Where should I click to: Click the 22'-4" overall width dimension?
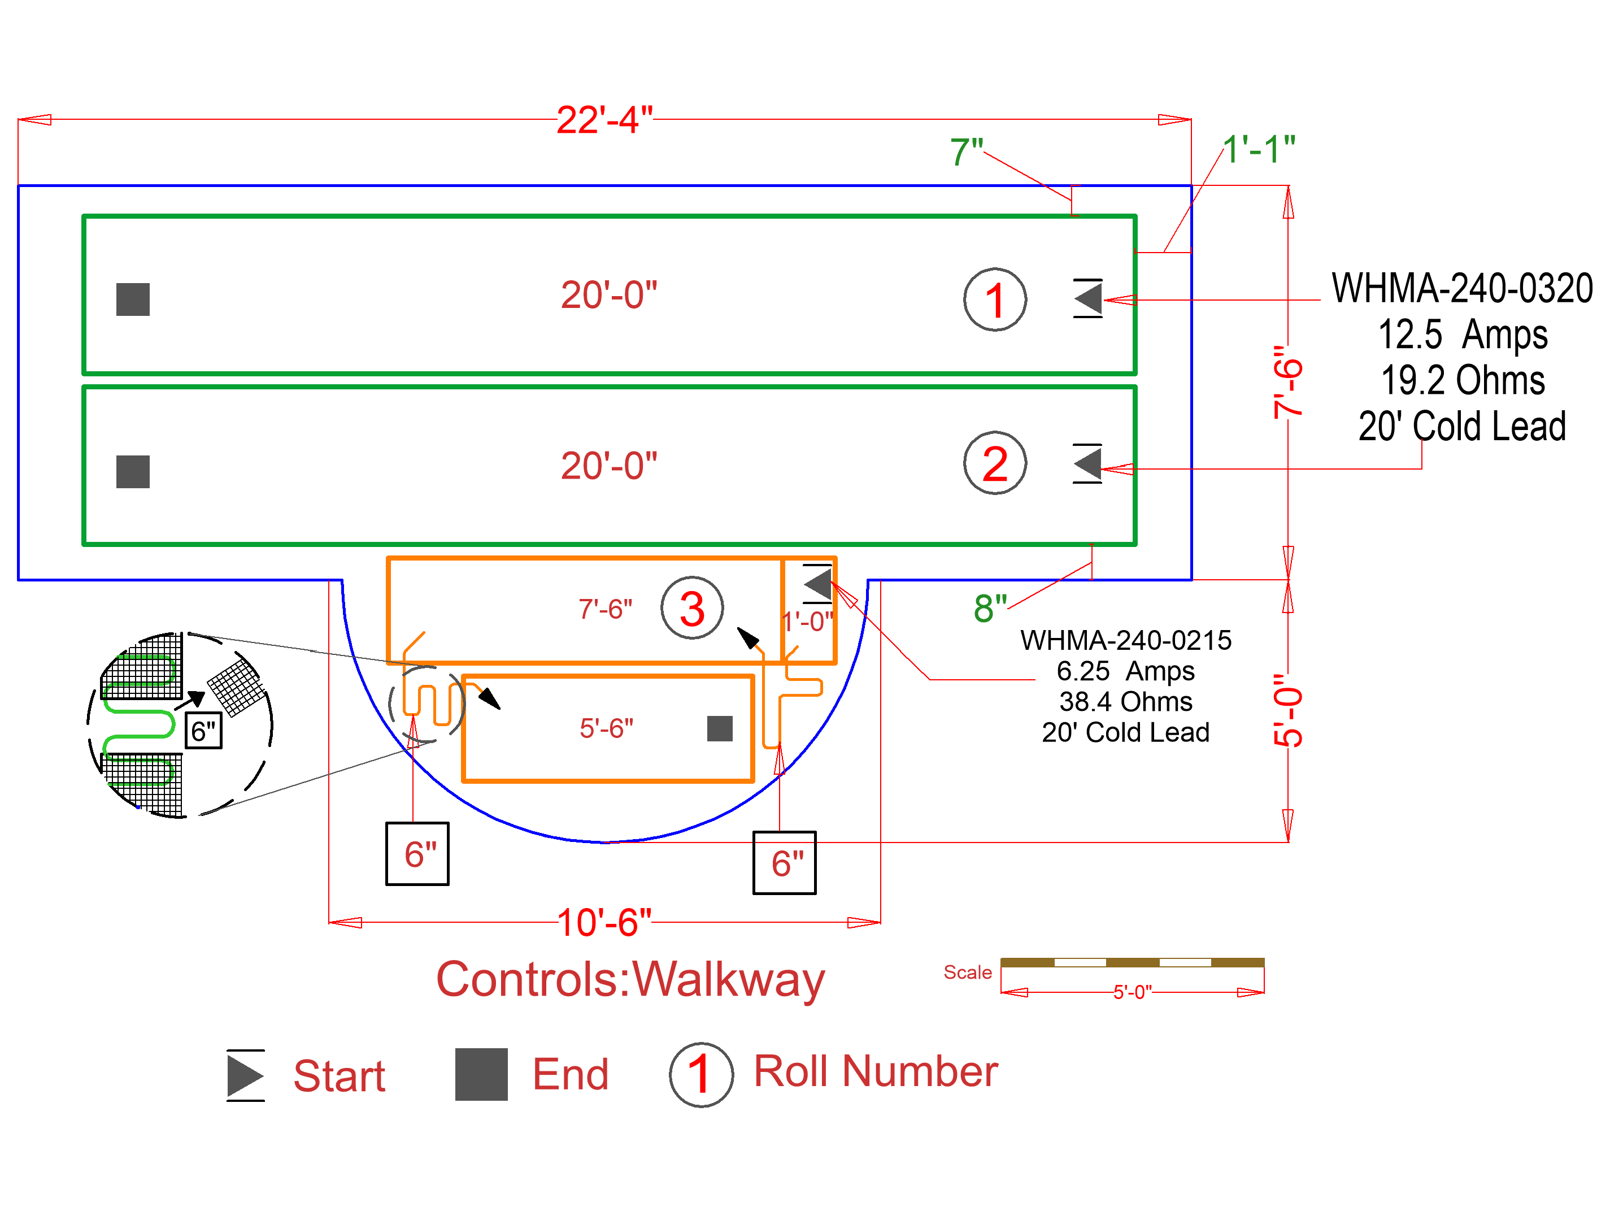tap(603, 120)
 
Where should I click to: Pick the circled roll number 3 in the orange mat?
tap(691, 608)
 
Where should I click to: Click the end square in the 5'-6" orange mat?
tap(719, 728)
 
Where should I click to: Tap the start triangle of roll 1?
tap(1089, 298)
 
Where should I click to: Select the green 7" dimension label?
tap(967, 152)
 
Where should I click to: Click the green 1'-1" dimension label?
tap(1259, 150)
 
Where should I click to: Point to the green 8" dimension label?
tap(990, 608)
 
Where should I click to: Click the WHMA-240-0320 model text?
tap(1461, 288)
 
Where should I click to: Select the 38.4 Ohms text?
tap(1125, 702)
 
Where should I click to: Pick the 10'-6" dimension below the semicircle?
tap(603, 922)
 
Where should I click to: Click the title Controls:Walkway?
tap(630, 979)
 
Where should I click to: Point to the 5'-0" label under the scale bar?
tap(1132, 992)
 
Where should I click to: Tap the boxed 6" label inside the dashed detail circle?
tap(203, 730)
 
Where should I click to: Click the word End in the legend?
tap(570, 1075)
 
